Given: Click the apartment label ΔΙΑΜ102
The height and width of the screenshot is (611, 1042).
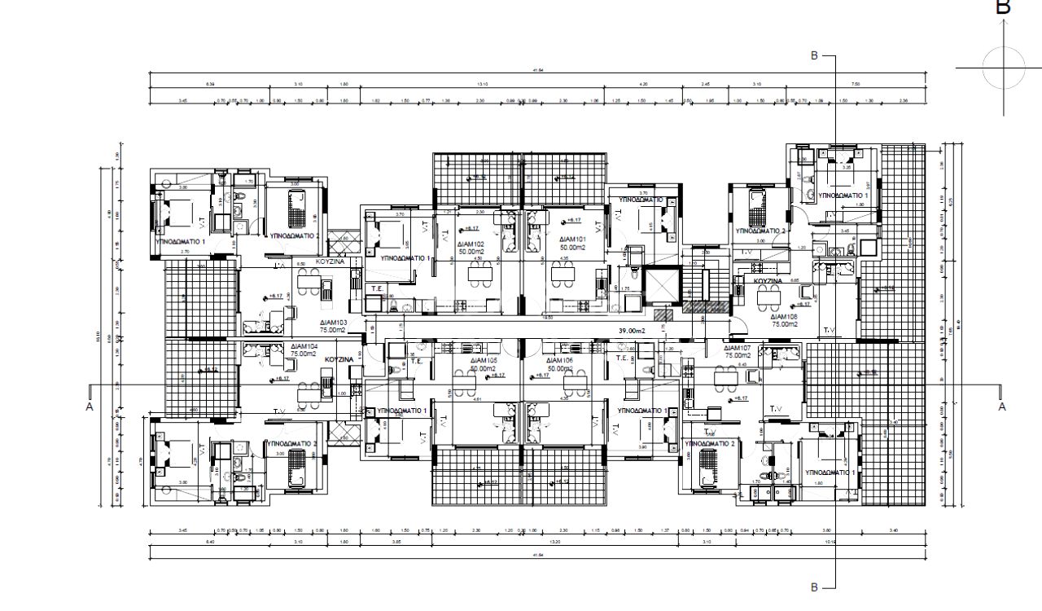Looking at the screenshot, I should [471, 244].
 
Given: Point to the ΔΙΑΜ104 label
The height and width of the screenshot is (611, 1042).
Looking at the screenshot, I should [305, 346].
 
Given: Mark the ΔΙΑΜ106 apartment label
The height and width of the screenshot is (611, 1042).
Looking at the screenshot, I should [561, 360].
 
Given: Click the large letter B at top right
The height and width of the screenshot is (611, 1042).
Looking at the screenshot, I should [1004, 7].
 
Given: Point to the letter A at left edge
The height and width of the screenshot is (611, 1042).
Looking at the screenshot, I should [90, 406].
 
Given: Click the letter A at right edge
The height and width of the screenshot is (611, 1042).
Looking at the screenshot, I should [1002, 406].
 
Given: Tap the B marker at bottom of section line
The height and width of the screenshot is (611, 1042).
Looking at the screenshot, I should [813, 587].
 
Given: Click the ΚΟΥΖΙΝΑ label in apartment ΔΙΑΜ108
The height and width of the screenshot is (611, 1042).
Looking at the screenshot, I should [768, 280].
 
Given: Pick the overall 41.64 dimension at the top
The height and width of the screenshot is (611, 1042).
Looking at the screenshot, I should [537, 71].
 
